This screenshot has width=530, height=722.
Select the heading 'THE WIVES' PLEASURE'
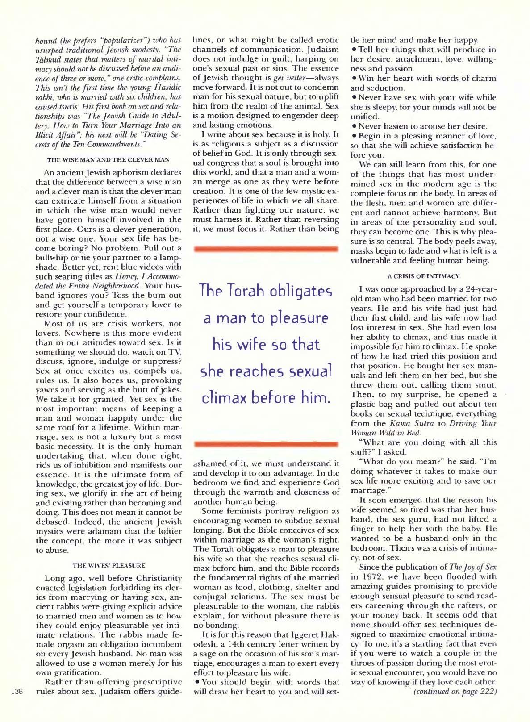[x=109, y=566]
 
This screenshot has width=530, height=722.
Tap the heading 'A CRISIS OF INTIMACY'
[x=423, y=277]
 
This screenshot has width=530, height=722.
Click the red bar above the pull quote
[x=266, y=249]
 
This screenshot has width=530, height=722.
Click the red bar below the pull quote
[x=266, y=444]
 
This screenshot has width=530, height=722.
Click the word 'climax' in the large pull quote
[x=229, y=397]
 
